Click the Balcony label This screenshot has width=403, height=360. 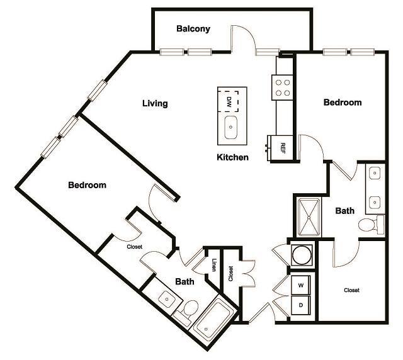pos(193,29)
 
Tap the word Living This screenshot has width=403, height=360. pos(154,103)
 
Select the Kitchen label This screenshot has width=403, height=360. pos(232,157)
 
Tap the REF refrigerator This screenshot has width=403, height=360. pos(283,148)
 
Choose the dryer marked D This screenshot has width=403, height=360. pos(300,305)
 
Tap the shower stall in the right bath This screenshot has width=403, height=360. pos(308,217)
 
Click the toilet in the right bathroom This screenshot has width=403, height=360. pos(370,224)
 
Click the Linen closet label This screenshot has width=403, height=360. pos(215,266)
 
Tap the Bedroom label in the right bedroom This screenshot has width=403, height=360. pos(342,102)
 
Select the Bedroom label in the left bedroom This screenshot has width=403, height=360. pos(87,185)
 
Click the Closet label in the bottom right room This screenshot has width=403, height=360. pos(351,290)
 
